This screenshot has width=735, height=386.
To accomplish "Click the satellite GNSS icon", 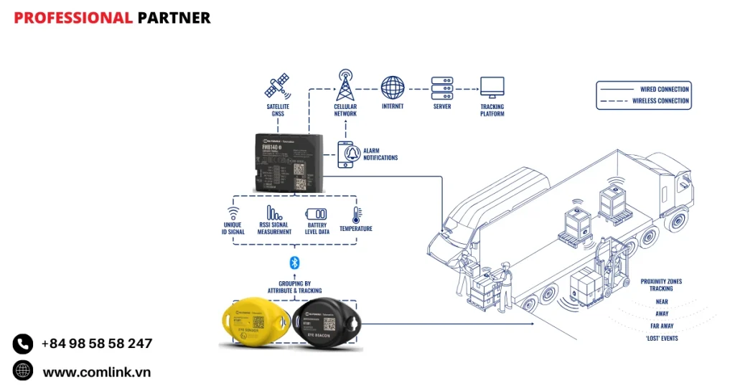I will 278,86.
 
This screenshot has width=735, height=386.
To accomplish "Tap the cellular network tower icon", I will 345,85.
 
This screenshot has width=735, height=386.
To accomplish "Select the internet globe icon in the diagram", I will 393,88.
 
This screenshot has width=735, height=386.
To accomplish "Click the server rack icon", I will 441,88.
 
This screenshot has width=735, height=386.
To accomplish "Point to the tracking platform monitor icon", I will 492,88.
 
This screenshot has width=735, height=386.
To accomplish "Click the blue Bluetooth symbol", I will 293,263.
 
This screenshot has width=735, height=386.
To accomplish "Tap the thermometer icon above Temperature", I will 355,215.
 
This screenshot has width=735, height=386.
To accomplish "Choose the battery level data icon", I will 317,214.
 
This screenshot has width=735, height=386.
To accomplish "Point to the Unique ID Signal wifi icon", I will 233,213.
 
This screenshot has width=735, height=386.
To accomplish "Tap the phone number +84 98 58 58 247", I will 97,344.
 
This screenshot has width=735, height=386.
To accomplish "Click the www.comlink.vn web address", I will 97,372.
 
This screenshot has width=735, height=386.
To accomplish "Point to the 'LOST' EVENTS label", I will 661,338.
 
